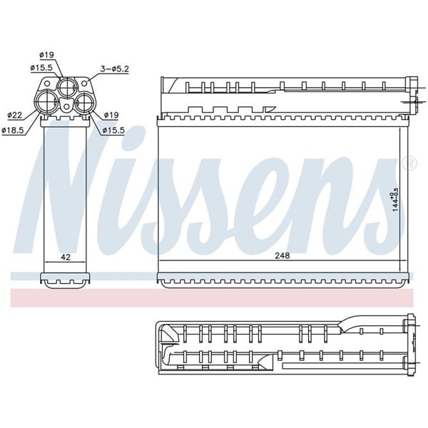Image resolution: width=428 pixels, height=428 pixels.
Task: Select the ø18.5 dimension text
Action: coord(14,129)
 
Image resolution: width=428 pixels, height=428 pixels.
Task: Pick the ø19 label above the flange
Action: coord(46,54)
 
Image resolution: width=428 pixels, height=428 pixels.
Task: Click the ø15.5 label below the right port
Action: coord(113,129)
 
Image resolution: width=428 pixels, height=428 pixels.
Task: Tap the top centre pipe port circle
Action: coord(66,88)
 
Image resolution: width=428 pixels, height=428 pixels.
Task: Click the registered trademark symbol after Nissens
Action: coord(409,164)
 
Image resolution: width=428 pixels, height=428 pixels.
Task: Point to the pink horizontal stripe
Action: coord(214,297)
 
